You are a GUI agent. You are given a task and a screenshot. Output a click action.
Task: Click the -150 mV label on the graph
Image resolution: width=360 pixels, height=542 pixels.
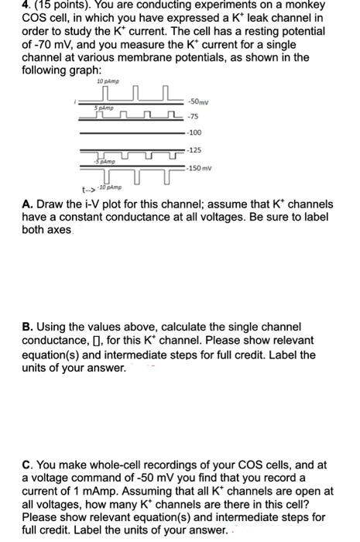[x=202, y=168]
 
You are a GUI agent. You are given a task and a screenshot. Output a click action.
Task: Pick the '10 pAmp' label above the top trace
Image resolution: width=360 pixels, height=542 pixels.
[x=106, y=81]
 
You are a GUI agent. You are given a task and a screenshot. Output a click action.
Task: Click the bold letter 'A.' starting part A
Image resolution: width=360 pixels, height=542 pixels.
[x=27, y=204]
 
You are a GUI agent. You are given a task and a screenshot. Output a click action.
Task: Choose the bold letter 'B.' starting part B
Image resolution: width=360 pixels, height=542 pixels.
[x=27, y=328]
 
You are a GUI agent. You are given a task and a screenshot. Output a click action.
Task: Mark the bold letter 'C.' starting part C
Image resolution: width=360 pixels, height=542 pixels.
[x=27, y=465]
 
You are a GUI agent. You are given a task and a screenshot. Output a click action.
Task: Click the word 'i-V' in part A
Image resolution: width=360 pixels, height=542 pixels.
[x=99, y=204]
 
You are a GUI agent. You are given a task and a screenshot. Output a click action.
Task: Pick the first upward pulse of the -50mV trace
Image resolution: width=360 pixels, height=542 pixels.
[x=123, y=95]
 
